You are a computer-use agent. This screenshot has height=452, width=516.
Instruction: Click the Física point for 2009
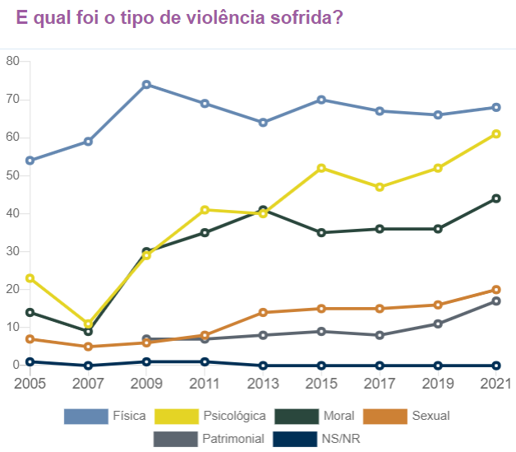point(146,85)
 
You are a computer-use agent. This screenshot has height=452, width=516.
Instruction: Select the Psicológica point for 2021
point(496,134)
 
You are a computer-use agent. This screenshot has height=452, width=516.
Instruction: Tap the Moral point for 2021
point(496,198)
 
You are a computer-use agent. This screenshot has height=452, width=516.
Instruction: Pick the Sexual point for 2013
point(263,312)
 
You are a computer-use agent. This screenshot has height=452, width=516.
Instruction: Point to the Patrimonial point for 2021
point(496,301)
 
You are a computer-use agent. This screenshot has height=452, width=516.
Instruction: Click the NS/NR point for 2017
point(380,366)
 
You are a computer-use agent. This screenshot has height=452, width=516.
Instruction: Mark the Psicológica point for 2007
point(88,324)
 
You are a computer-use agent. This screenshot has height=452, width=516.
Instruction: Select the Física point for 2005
point(30,161)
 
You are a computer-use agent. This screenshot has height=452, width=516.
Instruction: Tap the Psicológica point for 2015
point(321,168)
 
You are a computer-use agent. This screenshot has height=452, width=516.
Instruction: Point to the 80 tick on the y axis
point(12,62)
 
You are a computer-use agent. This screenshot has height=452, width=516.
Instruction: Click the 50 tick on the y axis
point(12,175)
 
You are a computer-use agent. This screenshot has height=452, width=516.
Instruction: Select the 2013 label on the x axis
point(263,384)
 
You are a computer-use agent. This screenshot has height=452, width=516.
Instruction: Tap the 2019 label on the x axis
point(438,384)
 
